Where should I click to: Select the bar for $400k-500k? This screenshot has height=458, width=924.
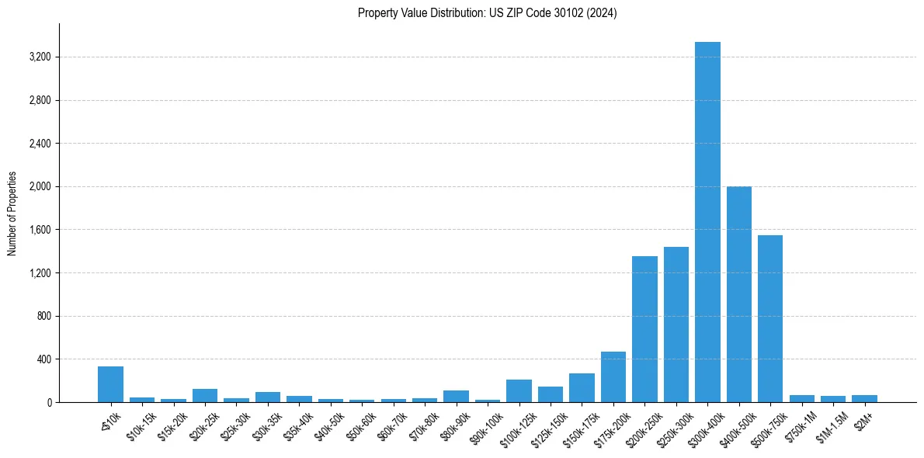(738, 294)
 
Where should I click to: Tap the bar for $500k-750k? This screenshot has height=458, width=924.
(770, 318)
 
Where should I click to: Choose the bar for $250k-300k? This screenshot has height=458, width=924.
(676, 324)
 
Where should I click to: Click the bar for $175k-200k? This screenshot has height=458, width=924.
(613, 377)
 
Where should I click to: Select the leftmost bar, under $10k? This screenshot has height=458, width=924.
(110, 384)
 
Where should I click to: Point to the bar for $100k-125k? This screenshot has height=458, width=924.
(519, 391)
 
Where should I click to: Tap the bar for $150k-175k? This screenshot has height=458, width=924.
(582, 388)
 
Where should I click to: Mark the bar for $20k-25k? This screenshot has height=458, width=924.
(205, 396)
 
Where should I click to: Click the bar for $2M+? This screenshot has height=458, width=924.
(864, 399)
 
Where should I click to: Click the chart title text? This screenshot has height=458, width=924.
(487, 13)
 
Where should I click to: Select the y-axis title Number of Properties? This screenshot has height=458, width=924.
(12, 213)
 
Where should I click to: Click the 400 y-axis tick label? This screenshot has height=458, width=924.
(42, 359)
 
